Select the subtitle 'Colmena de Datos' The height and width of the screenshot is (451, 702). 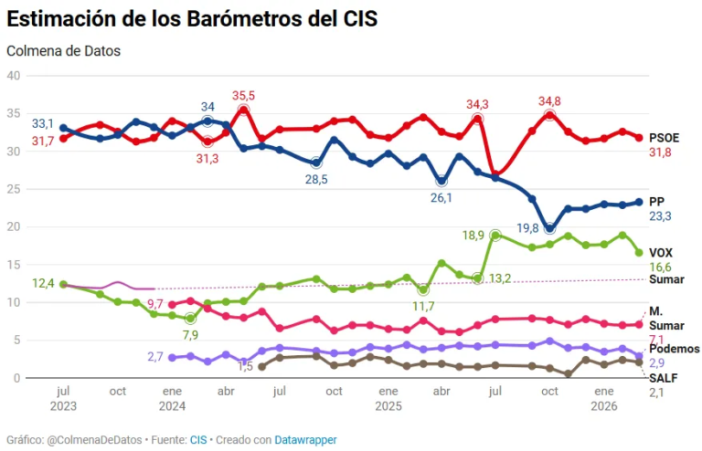pos(63,51)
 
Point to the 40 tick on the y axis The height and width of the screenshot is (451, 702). pos(14,76)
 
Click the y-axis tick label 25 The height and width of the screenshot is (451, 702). pos(14,189)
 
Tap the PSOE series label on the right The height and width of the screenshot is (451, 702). pos(664,138)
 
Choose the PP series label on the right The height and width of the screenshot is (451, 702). pos(656,201)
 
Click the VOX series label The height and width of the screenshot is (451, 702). pos(661,252)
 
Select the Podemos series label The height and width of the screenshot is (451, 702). pos(674,349)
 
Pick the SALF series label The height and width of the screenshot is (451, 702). pos(663,377)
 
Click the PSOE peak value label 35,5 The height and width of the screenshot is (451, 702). pos(244,95)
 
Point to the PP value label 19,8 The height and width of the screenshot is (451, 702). pos(529,228)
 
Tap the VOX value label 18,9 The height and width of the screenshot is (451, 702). pos(473,235)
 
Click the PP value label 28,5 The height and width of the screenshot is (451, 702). pos(316,179)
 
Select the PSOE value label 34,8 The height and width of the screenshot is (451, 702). pos(550,100)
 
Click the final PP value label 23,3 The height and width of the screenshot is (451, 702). pos(661,216)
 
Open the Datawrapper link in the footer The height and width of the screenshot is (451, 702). pos(306,440)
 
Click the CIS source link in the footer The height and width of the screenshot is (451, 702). pos(198,440)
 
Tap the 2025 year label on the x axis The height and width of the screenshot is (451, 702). pos(388,404)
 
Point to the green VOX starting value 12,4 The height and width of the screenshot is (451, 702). pos(42,284)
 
